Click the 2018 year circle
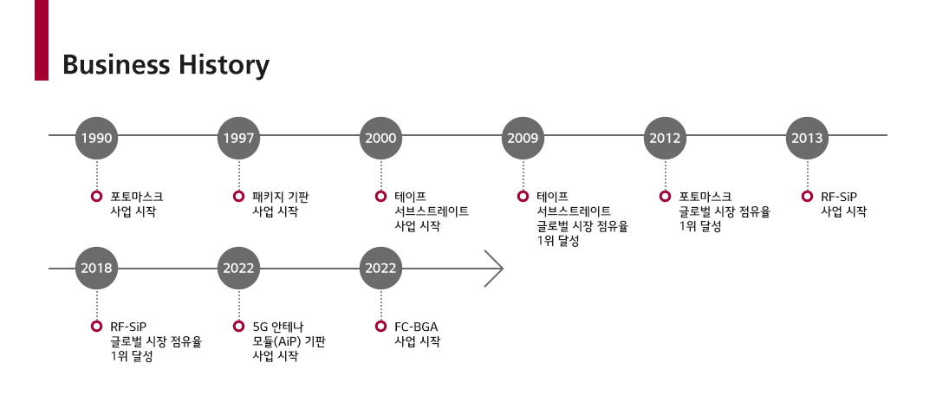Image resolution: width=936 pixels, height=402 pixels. [96, 268]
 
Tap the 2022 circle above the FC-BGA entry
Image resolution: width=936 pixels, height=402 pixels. [380, 268]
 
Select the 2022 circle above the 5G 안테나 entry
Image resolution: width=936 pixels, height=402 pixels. [238, 268]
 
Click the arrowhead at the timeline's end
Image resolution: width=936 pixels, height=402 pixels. [495, 268]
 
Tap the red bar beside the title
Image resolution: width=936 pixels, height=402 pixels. [42, 40]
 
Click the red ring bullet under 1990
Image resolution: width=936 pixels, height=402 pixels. [96, 196]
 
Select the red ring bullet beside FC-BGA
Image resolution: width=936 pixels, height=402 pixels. [380, 327]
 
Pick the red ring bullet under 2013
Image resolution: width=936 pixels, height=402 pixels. [807, 196]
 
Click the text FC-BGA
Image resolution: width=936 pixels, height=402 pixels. [416, 327]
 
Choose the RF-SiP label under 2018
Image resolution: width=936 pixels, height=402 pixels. [128, 327]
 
